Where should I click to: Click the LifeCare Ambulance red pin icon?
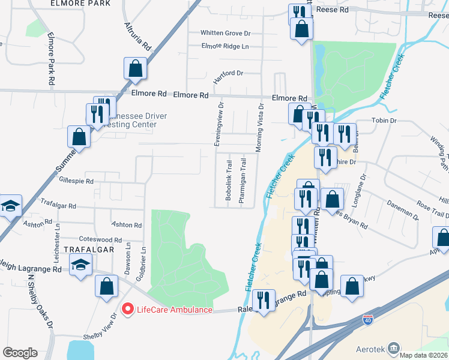click(x=127, y=309)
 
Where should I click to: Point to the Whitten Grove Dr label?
click(x=225, y=34)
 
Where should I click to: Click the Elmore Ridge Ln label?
click(x=224, y=46)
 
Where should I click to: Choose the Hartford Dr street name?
click(x=228, y=73)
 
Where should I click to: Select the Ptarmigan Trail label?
click(x=243, y=181)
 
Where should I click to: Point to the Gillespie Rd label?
click(x=76, y=180)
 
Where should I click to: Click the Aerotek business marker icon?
click(x=394, y=347)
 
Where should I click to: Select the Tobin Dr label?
click(x=385, y=121)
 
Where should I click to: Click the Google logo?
click(x=20, y=353)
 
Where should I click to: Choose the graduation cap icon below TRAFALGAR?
click(x=80, y=265)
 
